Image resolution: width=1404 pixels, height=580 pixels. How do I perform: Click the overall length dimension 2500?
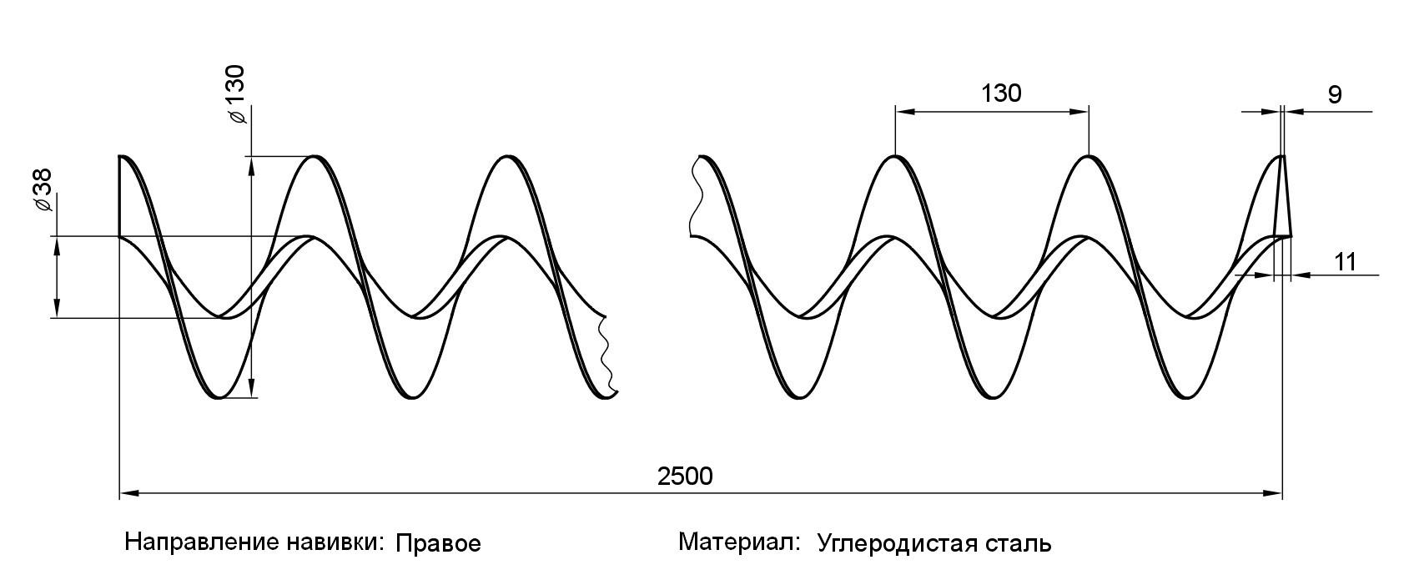coord(685,477)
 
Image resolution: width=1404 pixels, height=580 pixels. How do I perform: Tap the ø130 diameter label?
coord(236,94)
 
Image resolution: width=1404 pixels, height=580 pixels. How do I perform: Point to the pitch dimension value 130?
coord(1001,93)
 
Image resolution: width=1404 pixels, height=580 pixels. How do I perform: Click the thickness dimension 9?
coord(1335,95)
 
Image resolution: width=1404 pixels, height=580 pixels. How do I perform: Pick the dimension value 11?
coord(1344,262)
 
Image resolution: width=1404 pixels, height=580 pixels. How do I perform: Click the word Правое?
coord(438,544)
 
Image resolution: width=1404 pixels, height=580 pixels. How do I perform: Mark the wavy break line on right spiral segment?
coord(692,198)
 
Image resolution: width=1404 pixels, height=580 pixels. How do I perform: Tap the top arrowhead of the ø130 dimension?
coord(251,165)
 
